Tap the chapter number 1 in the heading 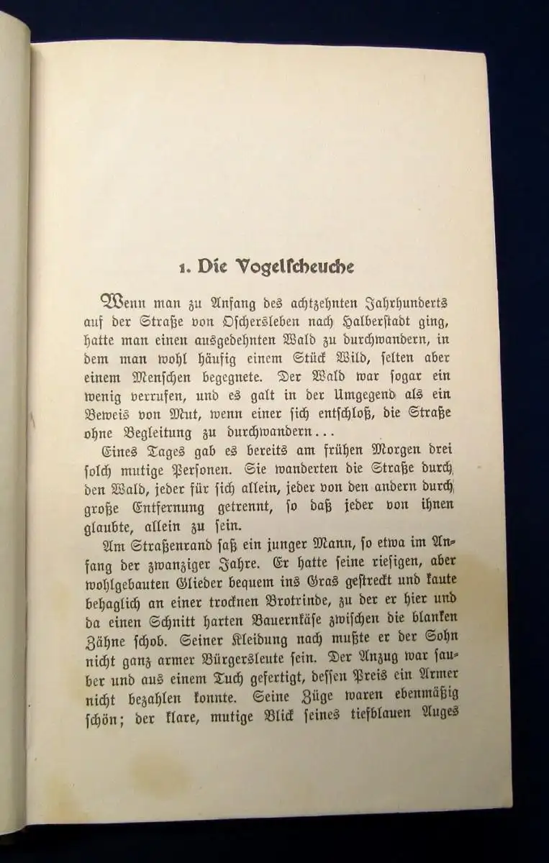pyautogui.click(x=183, y=268)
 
